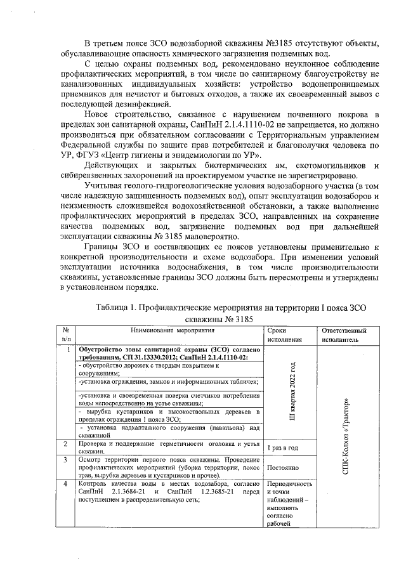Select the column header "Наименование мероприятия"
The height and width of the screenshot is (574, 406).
(173, 330)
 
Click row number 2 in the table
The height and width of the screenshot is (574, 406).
(66, 443)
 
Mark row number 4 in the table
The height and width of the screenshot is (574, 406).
(66, 483)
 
